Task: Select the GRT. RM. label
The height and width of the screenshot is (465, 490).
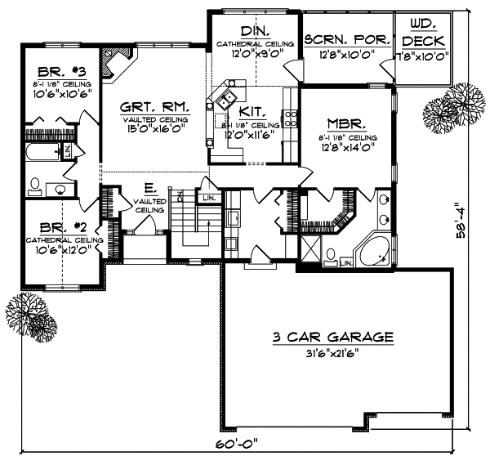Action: tap(154, 106)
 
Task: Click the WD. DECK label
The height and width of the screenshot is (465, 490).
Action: tap(422, 32)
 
